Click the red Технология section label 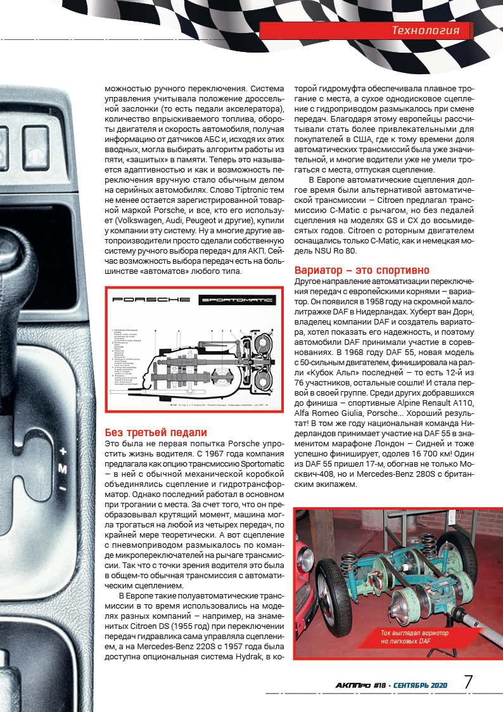tap(430, 30)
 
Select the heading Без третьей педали tap(156, 433)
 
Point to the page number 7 tap(469, 683)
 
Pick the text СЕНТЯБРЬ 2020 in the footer tap(421, 685)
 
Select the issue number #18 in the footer tap(379, 685)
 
